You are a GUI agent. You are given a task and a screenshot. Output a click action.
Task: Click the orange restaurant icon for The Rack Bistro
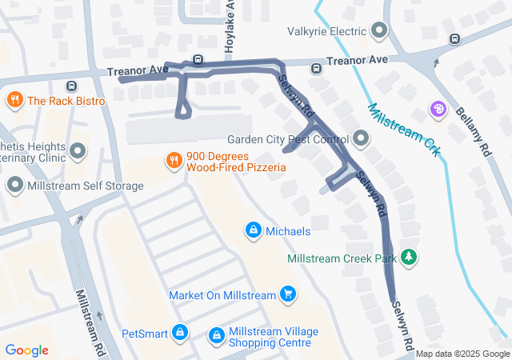click(14, 101)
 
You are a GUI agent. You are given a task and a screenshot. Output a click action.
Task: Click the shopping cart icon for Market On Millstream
click(288, 295)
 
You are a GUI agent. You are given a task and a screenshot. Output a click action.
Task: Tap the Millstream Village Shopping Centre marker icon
click(216, 336)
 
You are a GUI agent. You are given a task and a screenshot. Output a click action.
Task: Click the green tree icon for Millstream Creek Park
click(409, 258)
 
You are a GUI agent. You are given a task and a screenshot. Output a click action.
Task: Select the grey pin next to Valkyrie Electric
click(380, 32)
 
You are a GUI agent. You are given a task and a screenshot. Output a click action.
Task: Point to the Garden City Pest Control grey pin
click(362, 139)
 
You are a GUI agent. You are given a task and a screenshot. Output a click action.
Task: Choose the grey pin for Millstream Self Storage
click(14, 186)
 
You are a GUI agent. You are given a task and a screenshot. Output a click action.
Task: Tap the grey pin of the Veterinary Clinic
click(78, 150)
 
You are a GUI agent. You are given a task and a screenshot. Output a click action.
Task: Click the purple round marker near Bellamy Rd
click(438, 109)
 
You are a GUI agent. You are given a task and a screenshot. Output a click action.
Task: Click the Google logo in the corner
click(27, 350)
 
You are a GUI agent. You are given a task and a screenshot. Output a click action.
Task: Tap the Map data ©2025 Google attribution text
click(462, 354)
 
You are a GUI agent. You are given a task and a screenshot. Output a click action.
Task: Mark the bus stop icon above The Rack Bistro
click(72, 86)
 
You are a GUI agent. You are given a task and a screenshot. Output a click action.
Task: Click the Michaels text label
click(288, 231)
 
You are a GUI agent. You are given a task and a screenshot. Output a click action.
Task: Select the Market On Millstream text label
click(222, 295)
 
